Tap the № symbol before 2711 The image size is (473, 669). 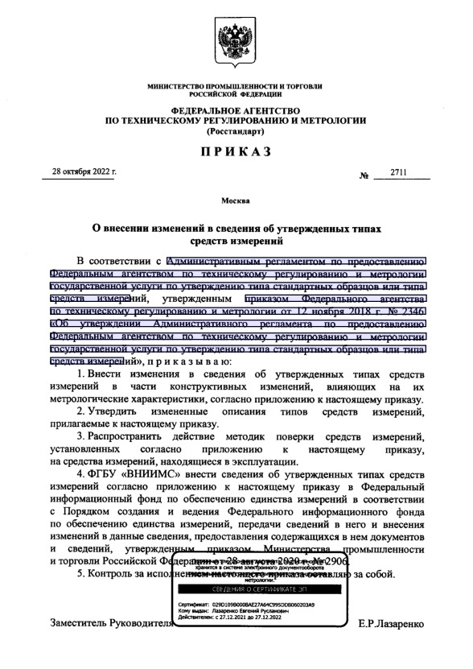(364, 176)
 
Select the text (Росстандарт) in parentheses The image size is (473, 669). (236, 130)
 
